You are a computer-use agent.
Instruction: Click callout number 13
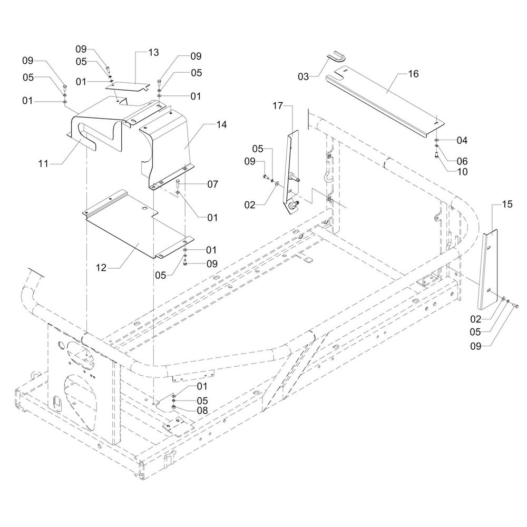[153, 53]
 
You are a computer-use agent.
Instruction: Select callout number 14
[221, 125]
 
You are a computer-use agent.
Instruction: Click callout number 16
[413, 74]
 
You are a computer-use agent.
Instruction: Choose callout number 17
[278, 106]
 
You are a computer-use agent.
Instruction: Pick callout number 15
[506, 204]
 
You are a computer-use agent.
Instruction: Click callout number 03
[303, 77]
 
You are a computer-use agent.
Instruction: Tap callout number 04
[462, 140]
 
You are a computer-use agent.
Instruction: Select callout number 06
[462, 161]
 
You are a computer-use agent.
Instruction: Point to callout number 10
[462, 171]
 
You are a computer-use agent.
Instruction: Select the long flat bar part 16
[385, 103]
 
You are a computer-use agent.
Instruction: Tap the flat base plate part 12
[132, 232]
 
